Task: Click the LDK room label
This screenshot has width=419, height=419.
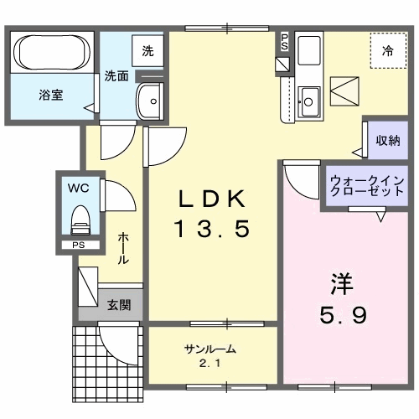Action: click(212, 199)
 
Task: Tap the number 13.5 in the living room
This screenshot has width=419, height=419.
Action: click(212, 228)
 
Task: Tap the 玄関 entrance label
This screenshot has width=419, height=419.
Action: click(117, 304)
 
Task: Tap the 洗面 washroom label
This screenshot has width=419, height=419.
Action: click(116, 75)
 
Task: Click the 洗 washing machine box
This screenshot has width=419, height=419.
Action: click(147, 50)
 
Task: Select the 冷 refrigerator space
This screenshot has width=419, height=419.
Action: click(388, 50)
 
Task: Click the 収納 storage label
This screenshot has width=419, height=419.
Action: click(387, 140)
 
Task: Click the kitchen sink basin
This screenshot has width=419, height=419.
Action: click(307, 101)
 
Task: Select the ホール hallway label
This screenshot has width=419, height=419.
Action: click(124, 248)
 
